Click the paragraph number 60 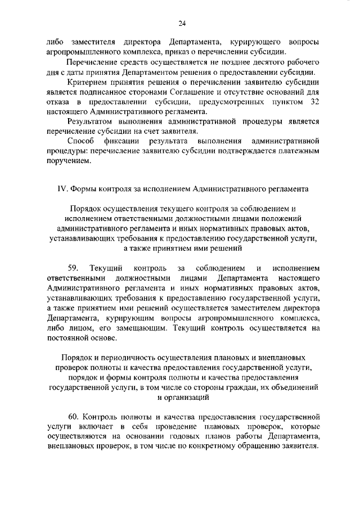tap(74, 417)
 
